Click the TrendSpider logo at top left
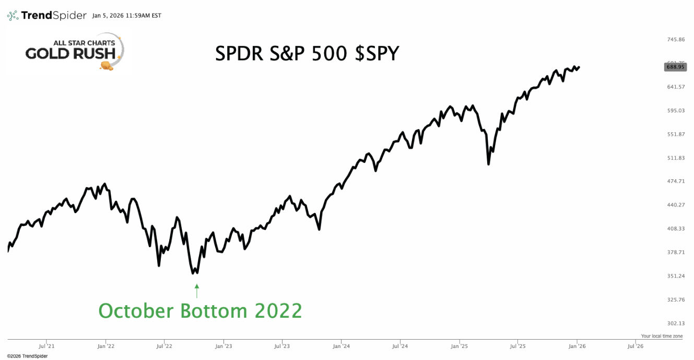[46, 15]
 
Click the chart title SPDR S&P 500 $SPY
[307, 53]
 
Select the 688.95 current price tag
[675, 67]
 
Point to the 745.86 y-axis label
[676, 40]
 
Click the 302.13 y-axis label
[676, 323]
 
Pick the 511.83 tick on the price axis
[676, 158]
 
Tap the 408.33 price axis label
[676, 229]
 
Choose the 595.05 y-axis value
[676, 111]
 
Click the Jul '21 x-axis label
[46, 346]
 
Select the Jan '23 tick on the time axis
[224, 346]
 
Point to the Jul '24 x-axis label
[400, 346]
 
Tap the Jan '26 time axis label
[577, 346]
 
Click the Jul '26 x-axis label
[635, 346]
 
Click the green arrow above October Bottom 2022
[197, 291]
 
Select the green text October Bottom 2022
[200, 311]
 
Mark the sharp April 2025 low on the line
[488, 164]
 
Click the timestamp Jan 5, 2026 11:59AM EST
[127, 16]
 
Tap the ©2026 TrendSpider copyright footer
[27, 356]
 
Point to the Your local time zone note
[662, 336]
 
